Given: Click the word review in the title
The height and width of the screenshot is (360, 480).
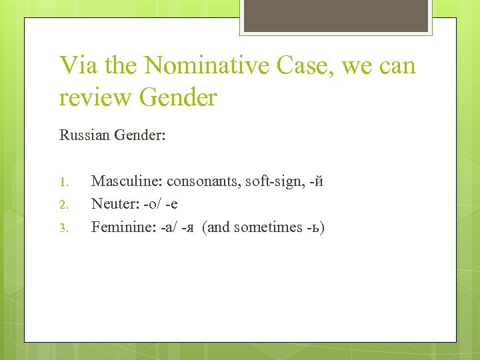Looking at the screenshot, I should [95, 97].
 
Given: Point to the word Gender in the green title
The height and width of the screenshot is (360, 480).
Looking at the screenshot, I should [178, 97].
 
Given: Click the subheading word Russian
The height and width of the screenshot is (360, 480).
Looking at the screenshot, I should [84, 135].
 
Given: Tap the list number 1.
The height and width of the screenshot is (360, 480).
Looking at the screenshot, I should [65, 181].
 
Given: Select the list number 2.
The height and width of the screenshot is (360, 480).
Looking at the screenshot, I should [65, 205].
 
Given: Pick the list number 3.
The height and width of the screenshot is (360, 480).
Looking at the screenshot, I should [65, 228].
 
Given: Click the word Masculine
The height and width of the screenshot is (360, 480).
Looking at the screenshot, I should [127, 181].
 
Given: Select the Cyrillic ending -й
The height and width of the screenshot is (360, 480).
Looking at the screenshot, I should [316, 181].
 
